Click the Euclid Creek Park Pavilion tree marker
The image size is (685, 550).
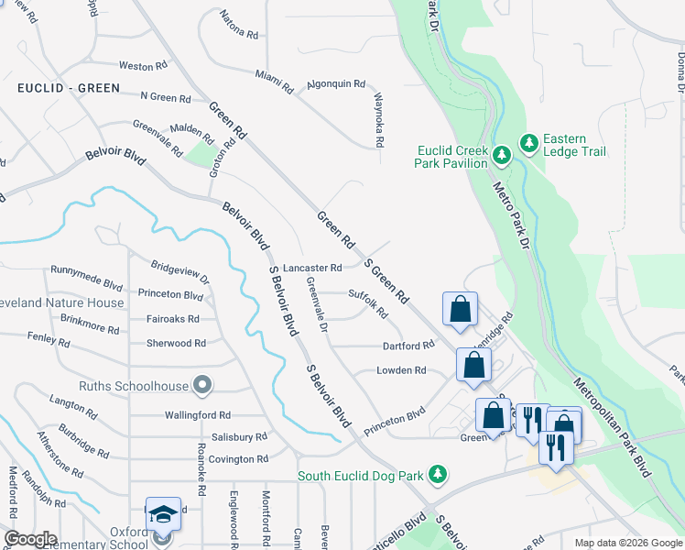(501, 156)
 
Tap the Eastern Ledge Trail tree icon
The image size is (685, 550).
(528, 143)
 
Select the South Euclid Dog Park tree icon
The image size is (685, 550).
(440, 474)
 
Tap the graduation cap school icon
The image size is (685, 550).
(162, 515)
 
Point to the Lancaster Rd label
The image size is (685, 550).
(312, 269)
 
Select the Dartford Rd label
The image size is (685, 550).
(408, 346)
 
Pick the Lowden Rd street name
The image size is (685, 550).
(402, 370)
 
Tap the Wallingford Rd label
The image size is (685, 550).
(197, 415)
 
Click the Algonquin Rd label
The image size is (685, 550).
(335, 83)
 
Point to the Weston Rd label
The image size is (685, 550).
(143, 66)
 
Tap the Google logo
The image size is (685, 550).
(30, 539)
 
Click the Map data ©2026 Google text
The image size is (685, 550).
(627, 543)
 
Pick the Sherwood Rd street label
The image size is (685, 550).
(176, 343)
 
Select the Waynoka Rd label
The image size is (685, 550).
(377, 119)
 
